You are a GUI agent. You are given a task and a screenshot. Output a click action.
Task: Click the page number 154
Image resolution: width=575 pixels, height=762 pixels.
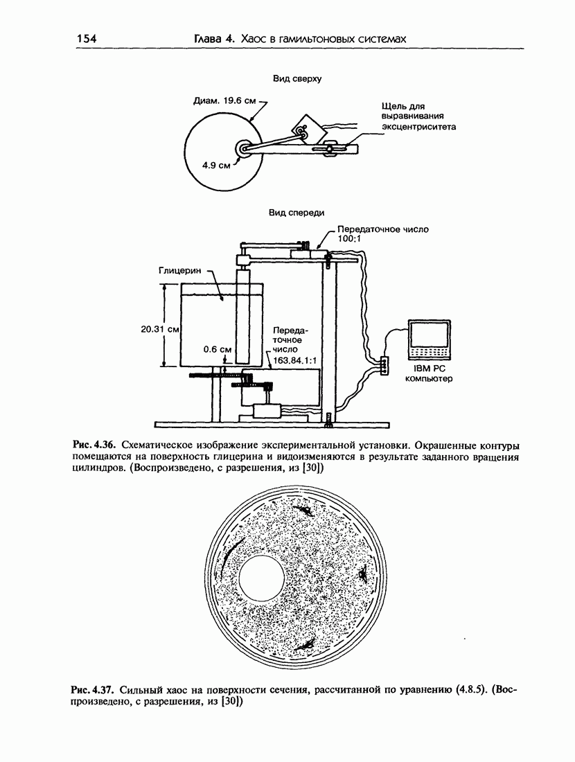pos(86,38)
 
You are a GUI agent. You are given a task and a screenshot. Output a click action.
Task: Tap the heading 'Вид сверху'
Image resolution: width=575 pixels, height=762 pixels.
pos(297,79)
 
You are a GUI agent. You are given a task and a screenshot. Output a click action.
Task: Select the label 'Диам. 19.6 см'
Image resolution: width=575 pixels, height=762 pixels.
pos(224,101)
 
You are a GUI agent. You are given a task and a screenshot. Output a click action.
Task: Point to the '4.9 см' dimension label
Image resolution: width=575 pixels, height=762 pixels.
pos(216,166)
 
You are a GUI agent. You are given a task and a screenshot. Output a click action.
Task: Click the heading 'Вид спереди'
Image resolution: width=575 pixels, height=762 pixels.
pos(297,213)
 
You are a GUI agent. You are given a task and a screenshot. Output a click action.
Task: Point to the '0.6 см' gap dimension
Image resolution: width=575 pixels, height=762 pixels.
pos(218,349)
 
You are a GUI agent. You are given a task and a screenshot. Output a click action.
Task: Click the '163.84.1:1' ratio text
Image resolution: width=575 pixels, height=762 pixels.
pos(295,360)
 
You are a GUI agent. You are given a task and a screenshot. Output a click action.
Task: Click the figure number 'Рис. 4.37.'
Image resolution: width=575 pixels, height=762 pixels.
pos(92,689)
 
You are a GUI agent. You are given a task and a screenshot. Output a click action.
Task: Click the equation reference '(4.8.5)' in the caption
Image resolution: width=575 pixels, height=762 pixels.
pos(471,689)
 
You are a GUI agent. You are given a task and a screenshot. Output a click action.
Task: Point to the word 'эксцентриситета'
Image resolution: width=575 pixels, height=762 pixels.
pos(418,127)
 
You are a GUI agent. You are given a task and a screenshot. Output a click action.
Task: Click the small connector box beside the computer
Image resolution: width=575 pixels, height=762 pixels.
pos(384,365)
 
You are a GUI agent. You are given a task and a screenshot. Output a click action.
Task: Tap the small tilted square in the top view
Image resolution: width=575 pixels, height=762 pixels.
pos(308,128)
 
